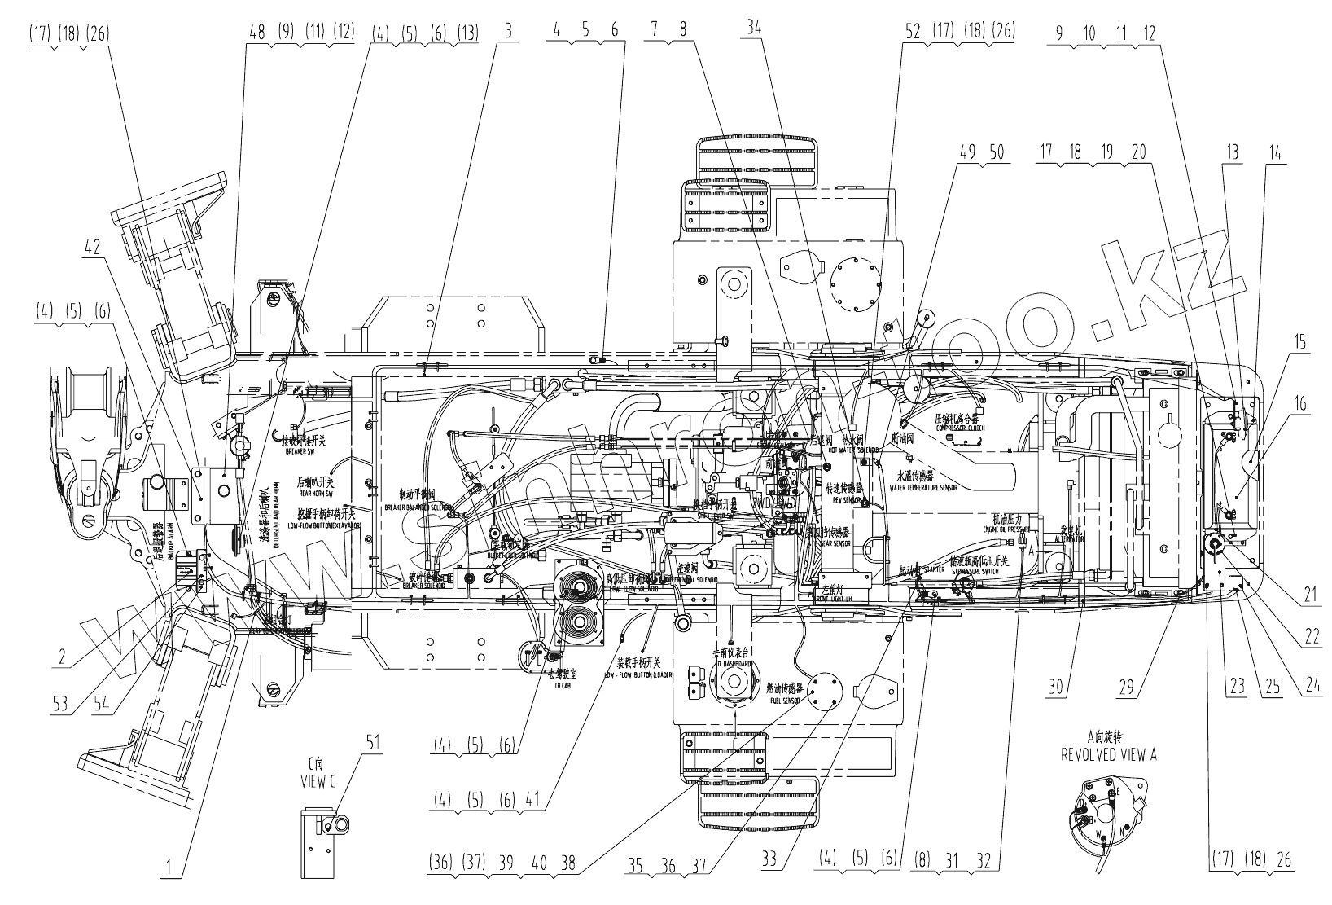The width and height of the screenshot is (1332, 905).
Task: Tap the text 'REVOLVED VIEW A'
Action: pyautogui.click(x=1108, y=755)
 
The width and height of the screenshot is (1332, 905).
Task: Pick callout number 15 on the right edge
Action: pyautogui.click(x=1299, y=342)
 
